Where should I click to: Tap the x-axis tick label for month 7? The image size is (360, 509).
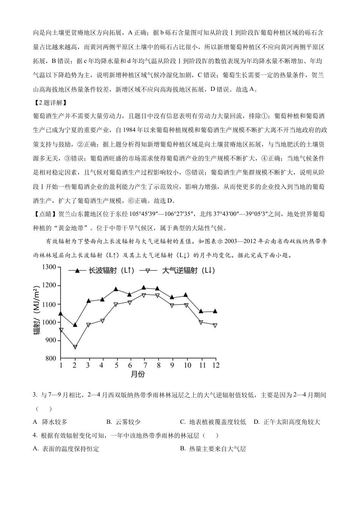pyautogui.click(x=144, y=365)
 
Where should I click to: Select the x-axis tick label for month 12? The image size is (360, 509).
pyautogui.click(x=215, y=365)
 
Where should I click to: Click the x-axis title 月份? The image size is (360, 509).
pyautogui.click(x=138, y=375)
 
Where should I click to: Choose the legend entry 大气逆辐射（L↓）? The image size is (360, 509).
pyautogui.click(x=178, y=270)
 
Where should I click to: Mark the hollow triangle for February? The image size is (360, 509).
pyautogui.click(x=75, y=347)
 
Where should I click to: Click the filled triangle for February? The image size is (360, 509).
pyautogui.click(x=75, y=325)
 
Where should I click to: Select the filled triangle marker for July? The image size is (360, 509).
pyautogui.click(x=144, y=287)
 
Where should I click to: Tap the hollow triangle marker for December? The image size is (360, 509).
pyautogui.click(x=215, y=325)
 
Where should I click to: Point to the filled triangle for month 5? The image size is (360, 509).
pyautogui.click(x=116, y=289)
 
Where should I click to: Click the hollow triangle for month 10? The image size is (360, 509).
pyautogui.click(x=186, y=305)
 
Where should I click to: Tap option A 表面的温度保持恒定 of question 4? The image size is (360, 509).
pyautogui.click(x=66, y=449)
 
